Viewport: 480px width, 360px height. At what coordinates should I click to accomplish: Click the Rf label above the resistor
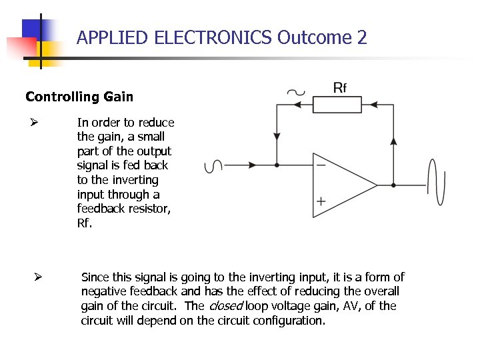point(340,87)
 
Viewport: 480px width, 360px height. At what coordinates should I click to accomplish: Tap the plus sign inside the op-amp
point(321,201)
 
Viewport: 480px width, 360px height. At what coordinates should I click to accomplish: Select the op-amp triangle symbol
point(340,185)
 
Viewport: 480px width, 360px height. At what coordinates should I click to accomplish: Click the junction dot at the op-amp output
point(393,185)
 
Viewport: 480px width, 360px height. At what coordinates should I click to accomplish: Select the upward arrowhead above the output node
point(393,141)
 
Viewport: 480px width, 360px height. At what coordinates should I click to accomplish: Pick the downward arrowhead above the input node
point(277,137)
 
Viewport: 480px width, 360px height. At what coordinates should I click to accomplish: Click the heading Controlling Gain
point(79,97)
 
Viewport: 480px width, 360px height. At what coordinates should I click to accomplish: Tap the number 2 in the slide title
point(362,37)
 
